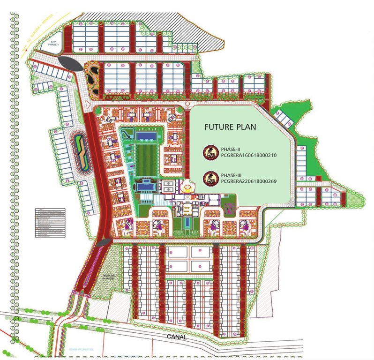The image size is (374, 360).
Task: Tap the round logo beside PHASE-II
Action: click(x=209, y=151)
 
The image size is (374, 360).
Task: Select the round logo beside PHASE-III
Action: click(x=209, y=177)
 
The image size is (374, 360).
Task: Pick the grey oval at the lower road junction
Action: click(x=104, y=242)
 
